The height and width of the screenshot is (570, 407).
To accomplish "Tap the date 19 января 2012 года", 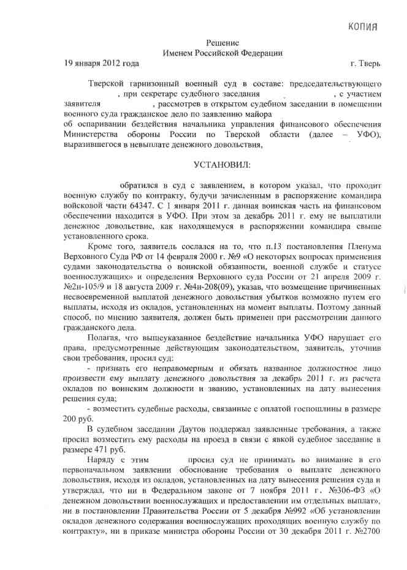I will (x=102, y=63).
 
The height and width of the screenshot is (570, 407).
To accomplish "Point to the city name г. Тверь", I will (x=366, y=63).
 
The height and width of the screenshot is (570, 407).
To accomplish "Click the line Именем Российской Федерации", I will (x=223, y=53).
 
